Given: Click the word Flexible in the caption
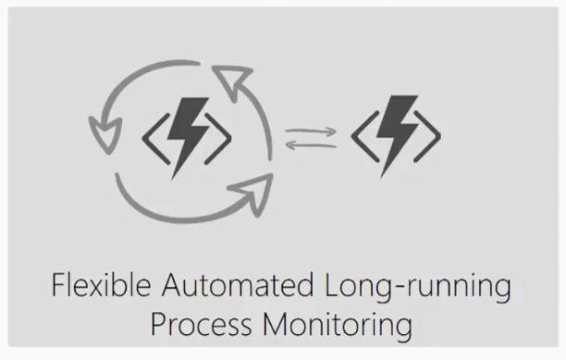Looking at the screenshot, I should pos(94,285).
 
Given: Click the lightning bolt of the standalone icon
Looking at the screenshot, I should pos(396,137).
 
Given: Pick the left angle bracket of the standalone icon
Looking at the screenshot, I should pos(361,138).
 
